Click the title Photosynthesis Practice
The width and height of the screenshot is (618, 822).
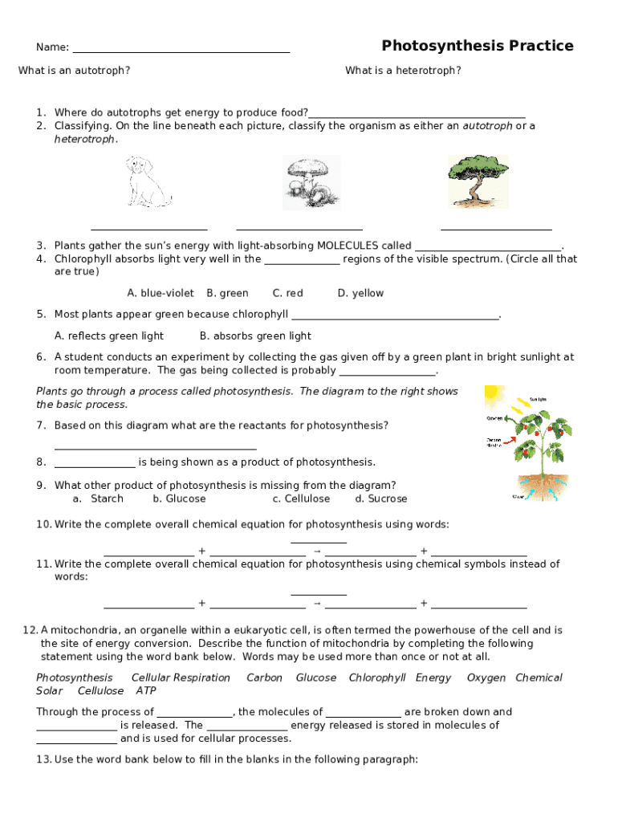(478, 46)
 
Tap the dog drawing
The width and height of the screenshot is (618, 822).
(148, 182)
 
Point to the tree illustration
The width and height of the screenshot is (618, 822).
(478, 181)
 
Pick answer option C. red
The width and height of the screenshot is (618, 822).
(288, 294)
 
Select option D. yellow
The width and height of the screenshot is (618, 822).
(360, 294)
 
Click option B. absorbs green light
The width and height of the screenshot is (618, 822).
(255, 336)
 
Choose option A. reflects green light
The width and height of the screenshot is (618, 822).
(108, 336)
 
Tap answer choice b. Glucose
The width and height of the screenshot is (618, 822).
(179, 499)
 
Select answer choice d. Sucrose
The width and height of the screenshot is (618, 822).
(381, 499)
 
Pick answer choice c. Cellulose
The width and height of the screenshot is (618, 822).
(301, 499)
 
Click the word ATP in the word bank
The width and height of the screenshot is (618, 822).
(146, 691)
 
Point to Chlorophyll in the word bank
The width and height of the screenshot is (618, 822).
(377, 678)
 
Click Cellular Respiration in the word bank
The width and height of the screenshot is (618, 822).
(181, 678)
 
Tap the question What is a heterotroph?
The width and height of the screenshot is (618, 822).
(403, 71)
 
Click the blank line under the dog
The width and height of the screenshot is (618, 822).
(149, 228)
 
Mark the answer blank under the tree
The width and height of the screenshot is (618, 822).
(496, 229)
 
